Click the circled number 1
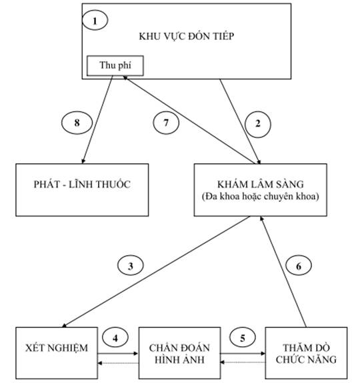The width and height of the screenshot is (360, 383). (95, 20)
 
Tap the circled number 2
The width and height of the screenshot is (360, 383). (258, 124)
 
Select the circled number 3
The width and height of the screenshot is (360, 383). (131, 266)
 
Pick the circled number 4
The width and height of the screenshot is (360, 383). (115, 338)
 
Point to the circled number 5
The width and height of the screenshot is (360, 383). (243, 338)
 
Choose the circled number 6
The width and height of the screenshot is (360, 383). (299, 266)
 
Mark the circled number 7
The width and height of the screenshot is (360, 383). (166, 123)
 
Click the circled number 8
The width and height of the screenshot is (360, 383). (77, 123)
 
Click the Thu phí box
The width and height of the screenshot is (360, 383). (115, 66)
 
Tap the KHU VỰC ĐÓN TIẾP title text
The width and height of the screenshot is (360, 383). (187, 36)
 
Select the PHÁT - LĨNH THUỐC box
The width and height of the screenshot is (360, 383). (82, 190)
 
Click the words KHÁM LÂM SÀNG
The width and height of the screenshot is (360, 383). (261, 184)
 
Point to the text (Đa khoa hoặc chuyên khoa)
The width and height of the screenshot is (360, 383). (261, 196)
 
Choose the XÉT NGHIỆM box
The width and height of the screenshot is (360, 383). (57, 353)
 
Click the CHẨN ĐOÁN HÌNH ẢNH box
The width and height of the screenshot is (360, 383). (179, 353)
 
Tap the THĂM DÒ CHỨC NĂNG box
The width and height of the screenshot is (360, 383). (306, 353)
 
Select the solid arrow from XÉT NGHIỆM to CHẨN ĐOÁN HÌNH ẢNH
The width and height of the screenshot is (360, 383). (118, 354)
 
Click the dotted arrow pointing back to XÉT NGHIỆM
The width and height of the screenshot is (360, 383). (118, 363)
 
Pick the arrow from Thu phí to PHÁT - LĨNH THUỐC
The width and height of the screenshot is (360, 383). (97, 119)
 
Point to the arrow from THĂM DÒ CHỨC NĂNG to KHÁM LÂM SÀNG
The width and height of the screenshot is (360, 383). (283, 272)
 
